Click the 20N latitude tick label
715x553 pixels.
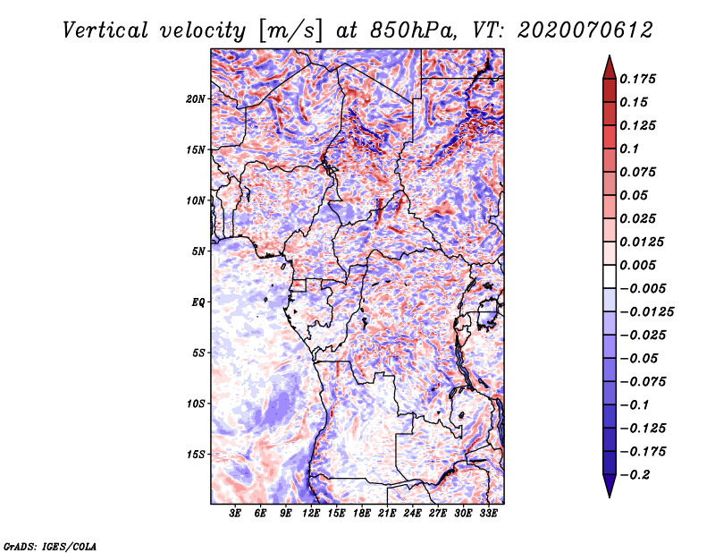pyautogui.click(x=196, y=99)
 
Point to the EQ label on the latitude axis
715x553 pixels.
pyautogui.click(x=198, y=302)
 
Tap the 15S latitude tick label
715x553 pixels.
pyautogui.click(x=196, y=455)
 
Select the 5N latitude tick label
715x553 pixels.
pyautogui.click(x=198, y=251)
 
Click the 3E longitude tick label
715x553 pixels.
pyautogui.click(x=235, y=514)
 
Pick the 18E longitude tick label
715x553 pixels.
pyautogui.click(x=362, y=514)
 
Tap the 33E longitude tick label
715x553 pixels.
pyautogui.click(x=488, y=514)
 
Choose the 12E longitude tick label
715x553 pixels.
pyautogui.click(x=311, y=514)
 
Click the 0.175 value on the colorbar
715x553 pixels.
pyautogui.click(x=637, y=79)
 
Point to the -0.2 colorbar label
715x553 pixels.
pyautogui.click(x=635, y=475)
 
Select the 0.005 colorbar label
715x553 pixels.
pyautogui.click(x=637, y=265)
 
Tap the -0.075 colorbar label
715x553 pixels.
pyautogui.click(x=643, y=382)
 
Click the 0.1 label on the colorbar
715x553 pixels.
pyautogui.click(x=629, y=149)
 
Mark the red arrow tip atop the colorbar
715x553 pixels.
pyautogui.click(x=610, y=55)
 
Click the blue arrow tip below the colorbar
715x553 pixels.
pyautogui.click(x=610, y=497)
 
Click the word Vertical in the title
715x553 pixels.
pyautogui.click(x=105, y=30)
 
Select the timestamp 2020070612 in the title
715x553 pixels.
pyautogui.click(x=585, y=30)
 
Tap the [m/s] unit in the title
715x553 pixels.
pyautogui.click(x=290, y=31)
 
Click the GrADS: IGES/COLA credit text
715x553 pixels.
pyautogui.click(x=50, y=546)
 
